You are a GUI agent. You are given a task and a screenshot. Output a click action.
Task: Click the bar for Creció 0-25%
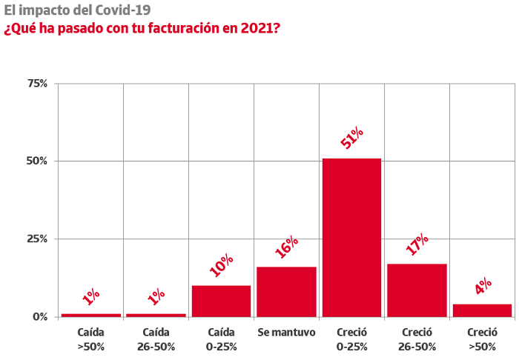[x=352, y=238]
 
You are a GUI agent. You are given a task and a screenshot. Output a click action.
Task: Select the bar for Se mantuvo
[x=287, y=292]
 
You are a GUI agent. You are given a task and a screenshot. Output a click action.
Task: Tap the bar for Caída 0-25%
[x=221, y=301]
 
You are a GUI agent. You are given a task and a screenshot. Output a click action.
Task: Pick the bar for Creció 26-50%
[x=417, y=290]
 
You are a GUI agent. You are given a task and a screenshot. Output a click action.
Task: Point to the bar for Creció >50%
[x=482, y=311]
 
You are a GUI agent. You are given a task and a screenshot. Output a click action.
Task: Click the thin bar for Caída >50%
[x=91, y=316]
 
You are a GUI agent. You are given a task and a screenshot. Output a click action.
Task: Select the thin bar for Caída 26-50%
[x=156, y=316]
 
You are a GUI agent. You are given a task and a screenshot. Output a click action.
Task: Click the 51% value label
[x=352, y=138]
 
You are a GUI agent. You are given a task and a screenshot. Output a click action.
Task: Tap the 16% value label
[x=287, y=247]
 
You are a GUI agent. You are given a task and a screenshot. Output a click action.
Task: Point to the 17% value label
[x=417, y=244]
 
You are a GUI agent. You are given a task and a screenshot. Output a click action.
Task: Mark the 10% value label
[x=222, y=265]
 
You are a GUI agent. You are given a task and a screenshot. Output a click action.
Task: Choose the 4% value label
[x=483, y=286]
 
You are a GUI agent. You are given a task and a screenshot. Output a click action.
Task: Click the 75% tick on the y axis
[x=37, y=83]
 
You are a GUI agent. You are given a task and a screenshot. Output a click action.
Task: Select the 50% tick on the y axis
[x=37, y=161]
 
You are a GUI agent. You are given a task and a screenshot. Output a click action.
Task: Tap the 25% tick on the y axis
[x=37, y=239]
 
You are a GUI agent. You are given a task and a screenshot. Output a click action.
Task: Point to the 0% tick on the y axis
[x=40, y=317]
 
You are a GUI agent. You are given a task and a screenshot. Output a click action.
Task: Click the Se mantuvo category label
[x=287, y=333]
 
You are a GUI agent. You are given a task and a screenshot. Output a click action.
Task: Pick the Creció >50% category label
[x=482, y=339]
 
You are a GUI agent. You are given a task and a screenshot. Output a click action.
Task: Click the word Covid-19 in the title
[x=123, y=10]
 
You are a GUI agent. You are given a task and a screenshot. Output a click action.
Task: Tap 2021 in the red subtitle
[x=257, y=28]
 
